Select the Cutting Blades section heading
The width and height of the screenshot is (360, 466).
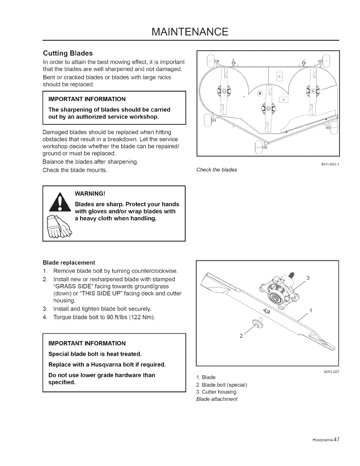coord(68,53)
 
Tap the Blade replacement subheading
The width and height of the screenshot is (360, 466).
coord(69,262)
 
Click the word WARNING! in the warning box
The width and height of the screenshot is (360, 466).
coord(90,194)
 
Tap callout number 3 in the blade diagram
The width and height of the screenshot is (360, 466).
coord(308,278)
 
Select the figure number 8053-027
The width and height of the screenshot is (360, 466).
coord(331,372)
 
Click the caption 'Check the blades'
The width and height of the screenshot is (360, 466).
coord(216,170)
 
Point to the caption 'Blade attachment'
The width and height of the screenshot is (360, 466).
coord(216,399)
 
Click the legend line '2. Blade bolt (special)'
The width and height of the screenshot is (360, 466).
coord(221,385)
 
